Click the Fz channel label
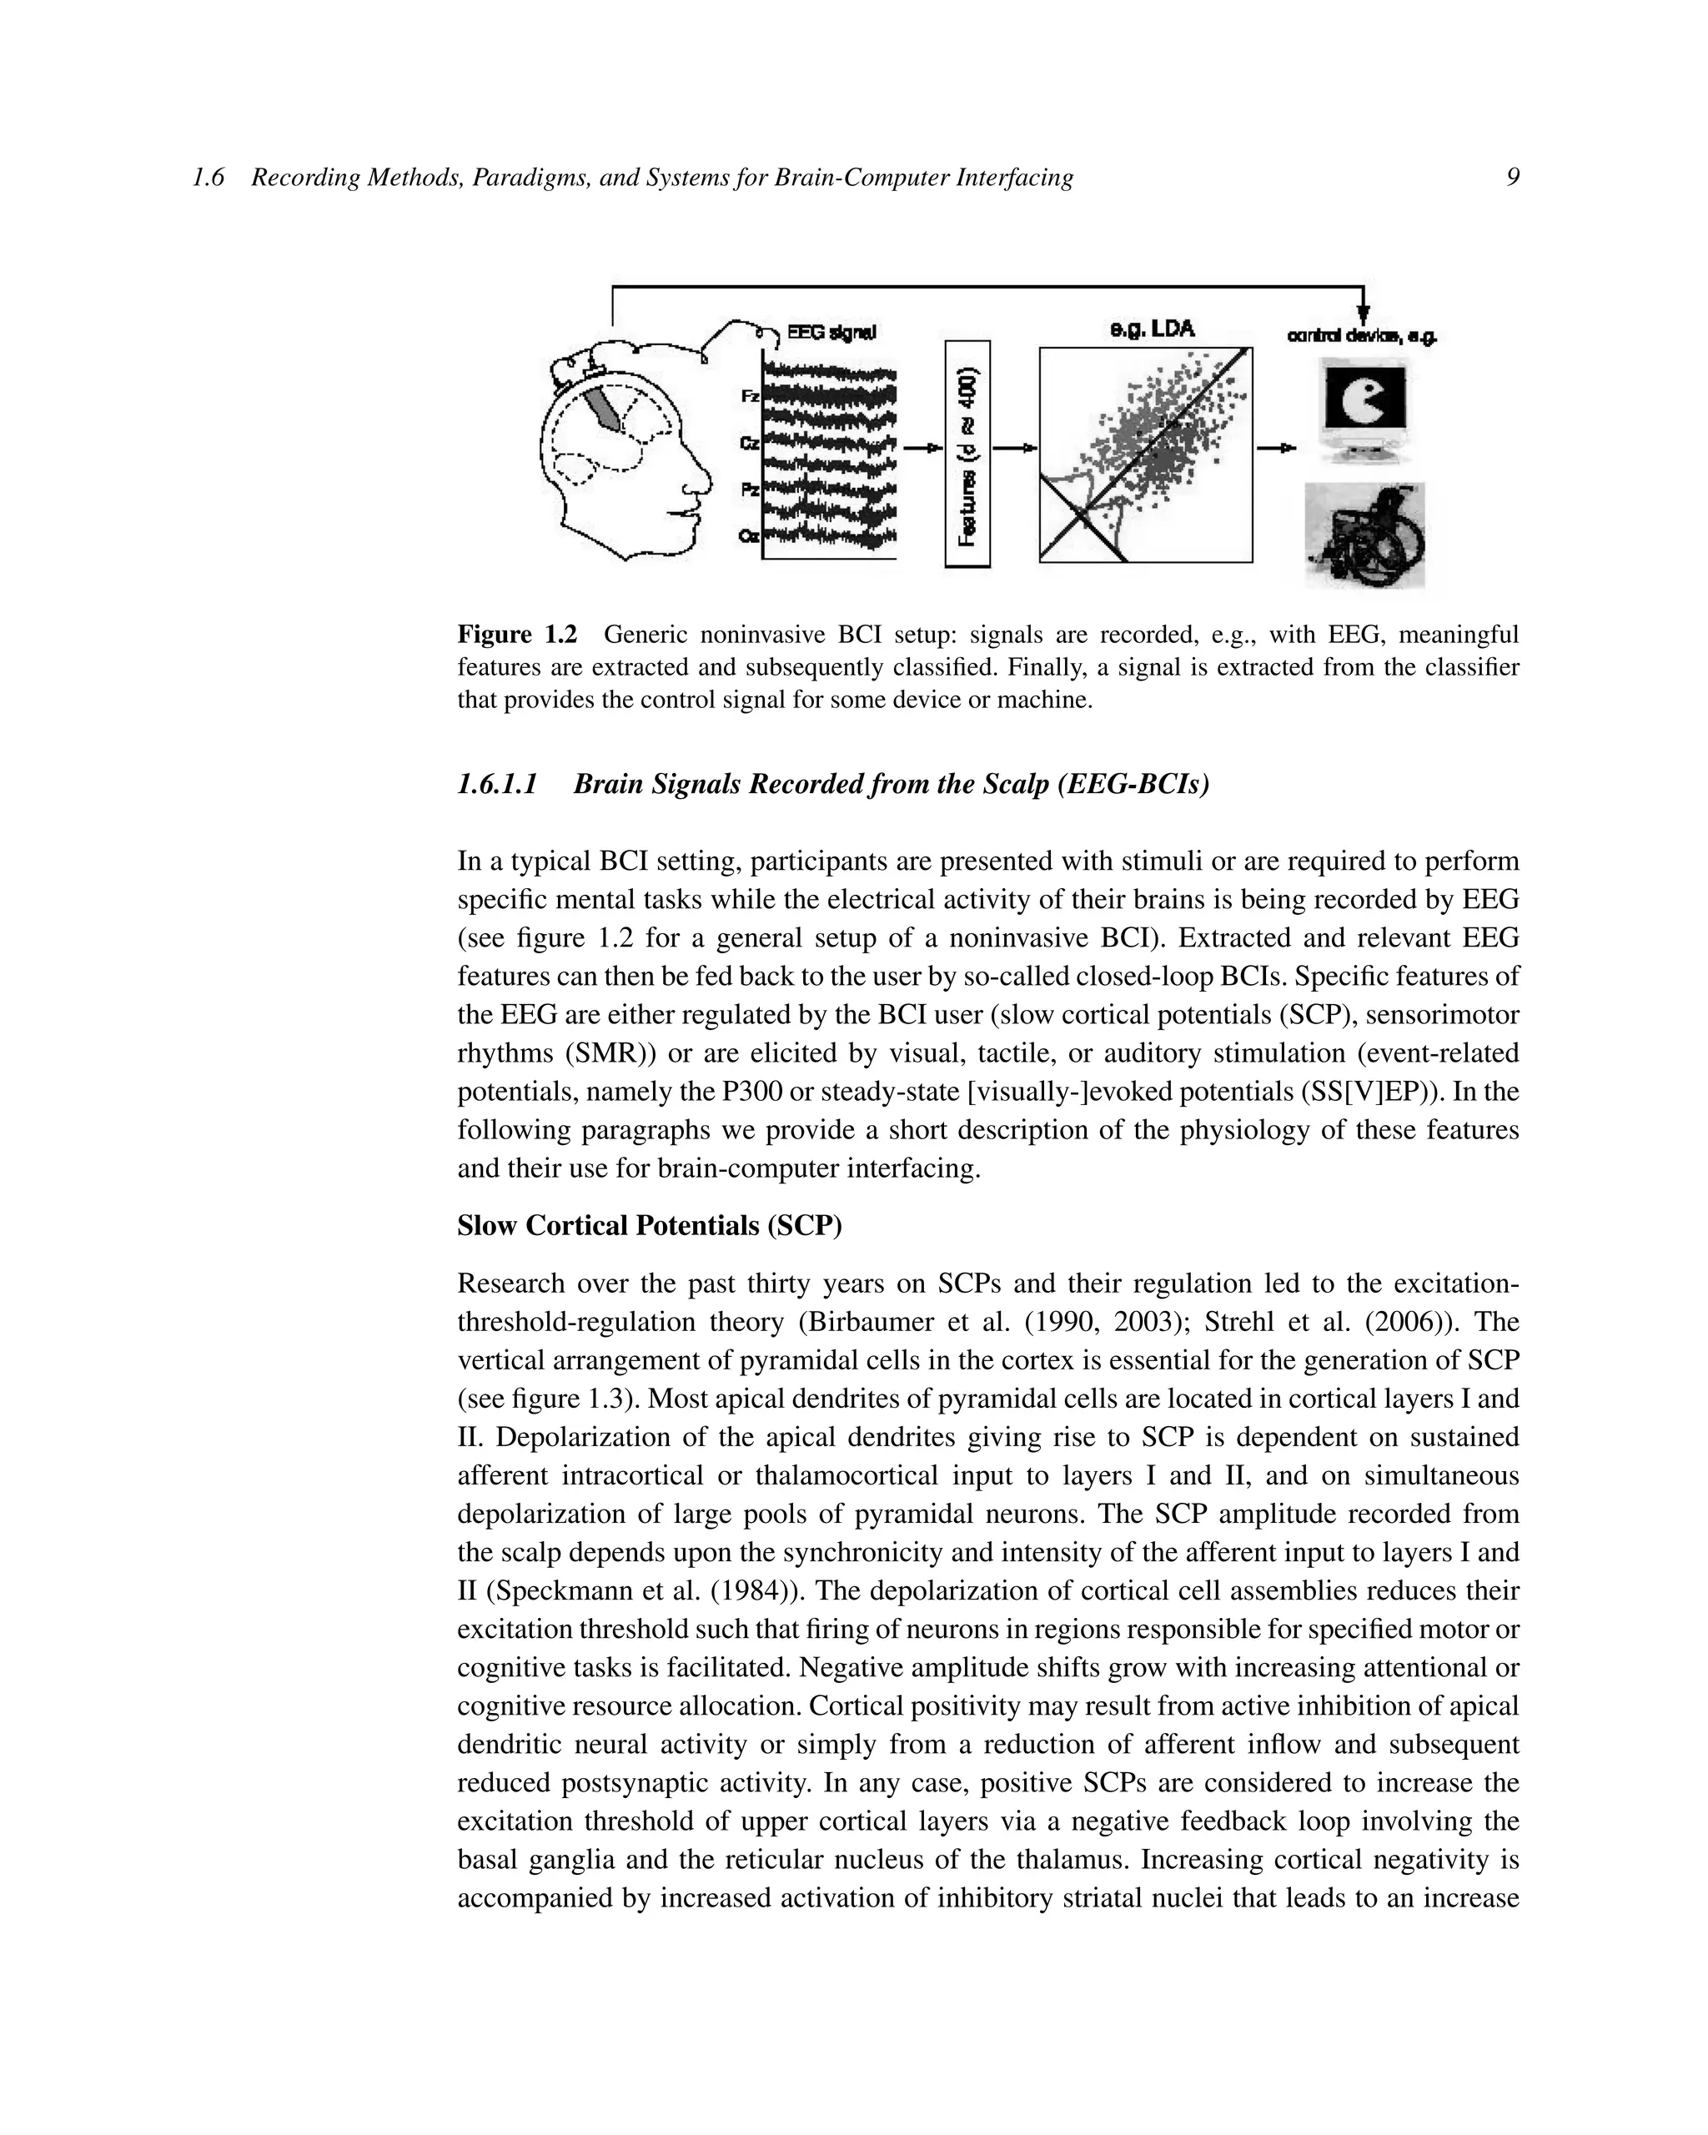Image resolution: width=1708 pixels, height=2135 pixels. tap(751, 396)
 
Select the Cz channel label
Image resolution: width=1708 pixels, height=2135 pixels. tap(750, 444)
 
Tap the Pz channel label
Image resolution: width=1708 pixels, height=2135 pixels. tap(751, 490)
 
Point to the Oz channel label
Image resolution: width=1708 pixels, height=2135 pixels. tap(750, 535)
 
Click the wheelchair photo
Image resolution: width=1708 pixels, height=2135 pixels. tap(1364, 535)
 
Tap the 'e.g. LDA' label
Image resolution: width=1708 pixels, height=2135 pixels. tap(1153, 329)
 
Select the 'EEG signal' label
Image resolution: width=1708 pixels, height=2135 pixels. tap(831, 332)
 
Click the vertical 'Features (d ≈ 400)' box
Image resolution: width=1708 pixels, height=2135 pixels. tap(968, 454)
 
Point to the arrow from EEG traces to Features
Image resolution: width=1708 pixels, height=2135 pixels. tap(921, 449)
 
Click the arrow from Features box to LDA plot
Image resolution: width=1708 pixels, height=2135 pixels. tap(1015, 449)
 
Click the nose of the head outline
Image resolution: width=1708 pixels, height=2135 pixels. tap(702, 485)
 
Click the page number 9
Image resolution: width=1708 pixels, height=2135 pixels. tap(1512, 178)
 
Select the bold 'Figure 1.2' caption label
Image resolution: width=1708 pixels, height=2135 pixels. tap(517, 634)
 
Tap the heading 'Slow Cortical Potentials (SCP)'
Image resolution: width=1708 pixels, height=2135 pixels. tap(650, 1226)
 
